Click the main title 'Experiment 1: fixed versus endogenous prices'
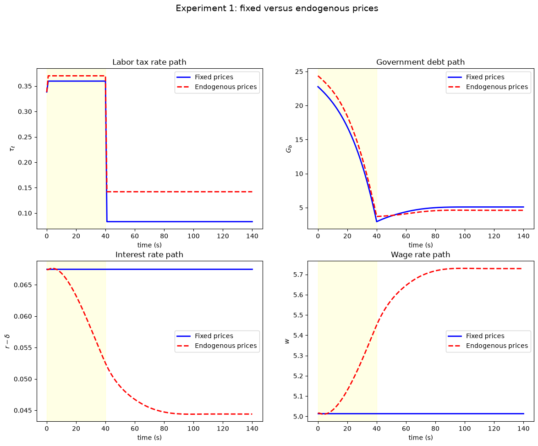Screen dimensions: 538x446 [x=277, y=8]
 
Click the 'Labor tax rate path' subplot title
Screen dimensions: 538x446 [x=149, y=62]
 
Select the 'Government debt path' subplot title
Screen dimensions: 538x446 [x=420, y=62]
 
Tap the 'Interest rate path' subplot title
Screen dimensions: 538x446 [x=149, y=254]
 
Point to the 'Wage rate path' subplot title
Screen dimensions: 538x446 [x=420, y=254]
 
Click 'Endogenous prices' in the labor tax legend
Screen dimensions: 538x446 [x=226, y=87]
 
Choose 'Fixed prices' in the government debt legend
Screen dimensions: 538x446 [x=485, y=77]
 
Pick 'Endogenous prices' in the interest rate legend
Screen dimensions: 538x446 [x=226, y=346]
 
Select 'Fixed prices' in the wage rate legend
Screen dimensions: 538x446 [x=485, y=336]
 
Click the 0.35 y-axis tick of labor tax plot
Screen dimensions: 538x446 [x=25, y=86]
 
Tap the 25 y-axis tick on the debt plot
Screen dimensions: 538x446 [x=299, y=72]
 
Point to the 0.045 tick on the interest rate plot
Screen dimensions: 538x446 [x=23, y=411]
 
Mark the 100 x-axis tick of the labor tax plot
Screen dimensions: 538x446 [x=193, y=237]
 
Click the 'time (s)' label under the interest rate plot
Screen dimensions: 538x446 [x=149, y=438]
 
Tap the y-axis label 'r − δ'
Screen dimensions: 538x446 [x=7, y=341]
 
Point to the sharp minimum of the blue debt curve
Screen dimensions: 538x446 [x=377, y=222]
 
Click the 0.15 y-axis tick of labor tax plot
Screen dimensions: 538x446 [x=25, y=188]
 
